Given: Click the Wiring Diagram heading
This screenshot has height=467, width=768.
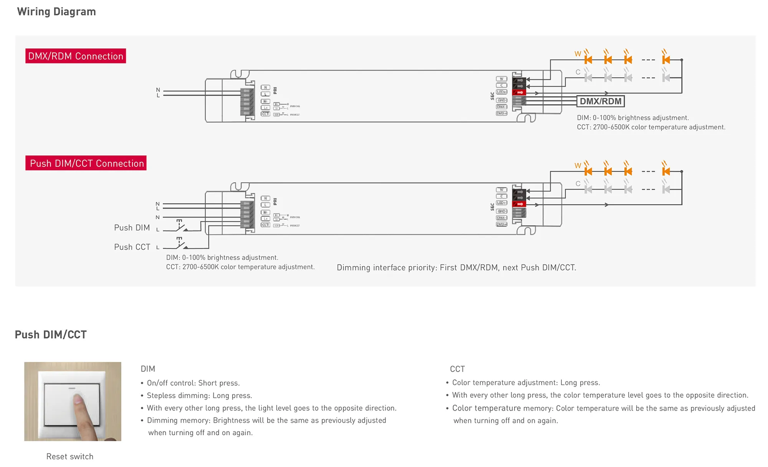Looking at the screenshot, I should point(56,12).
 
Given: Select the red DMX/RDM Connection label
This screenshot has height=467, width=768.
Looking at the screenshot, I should point(76,56).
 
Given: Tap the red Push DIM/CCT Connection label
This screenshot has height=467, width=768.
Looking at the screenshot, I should point(86,163).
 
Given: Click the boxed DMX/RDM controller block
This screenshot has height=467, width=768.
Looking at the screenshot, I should point(601,101).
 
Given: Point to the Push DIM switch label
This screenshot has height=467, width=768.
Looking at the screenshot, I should point(132,228).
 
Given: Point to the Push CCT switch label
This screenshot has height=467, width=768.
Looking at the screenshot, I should point(132,247).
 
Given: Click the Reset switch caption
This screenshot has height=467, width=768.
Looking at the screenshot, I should point(70,457).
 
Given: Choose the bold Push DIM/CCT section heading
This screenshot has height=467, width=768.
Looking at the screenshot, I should point(51,335).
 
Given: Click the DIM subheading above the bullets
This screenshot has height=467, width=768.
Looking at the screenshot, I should point(148,369).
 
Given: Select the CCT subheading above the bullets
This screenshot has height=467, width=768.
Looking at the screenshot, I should point(457,369).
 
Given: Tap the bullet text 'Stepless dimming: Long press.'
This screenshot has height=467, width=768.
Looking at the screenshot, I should point(199,396).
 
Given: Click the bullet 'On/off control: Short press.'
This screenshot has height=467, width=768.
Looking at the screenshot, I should point(193,383).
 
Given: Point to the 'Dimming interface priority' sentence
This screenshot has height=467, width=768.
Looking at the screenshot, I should point(456,268).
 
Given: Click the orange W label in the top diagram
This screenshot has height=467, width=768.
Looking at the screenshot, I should point(578,54).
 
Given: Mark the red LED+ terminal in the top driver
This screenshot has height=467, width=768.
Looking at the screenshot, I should point(519,93).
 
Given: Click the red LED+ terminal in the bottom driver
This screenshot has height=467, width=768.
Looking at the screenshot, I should point(519,204).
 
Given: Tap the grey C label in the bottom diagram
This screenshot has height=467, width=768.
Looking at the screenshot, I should point(578,184).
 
